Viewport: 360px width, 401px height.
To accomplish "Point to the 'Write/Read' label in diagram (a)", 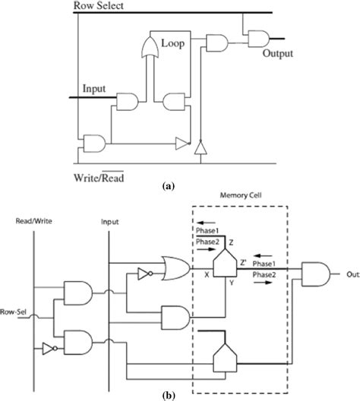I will pyautogui.click(x=99, y=178).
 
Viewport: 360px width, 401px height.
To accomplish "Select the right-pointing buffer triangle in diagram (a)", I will pyautogui.click(x=181, y=141).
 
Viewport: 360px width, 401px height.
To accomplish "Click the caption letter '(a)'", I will pyautogui.click(x=180, y=194).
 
